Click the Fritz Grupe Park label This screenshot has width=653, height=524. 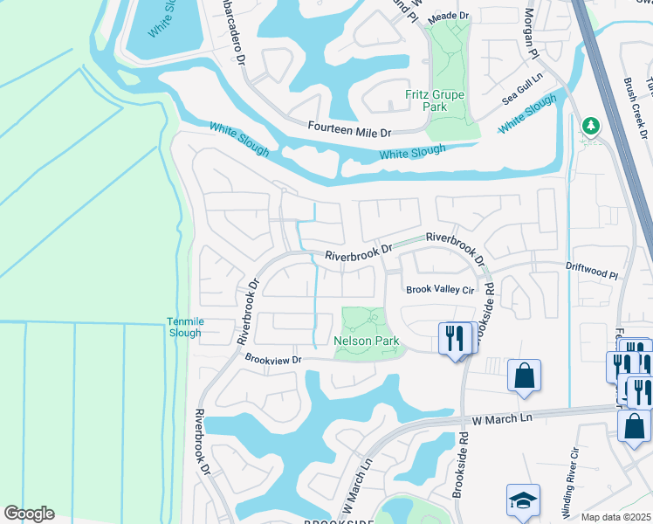[435, 100]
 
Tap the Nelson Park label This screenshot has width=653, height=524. [364, 340]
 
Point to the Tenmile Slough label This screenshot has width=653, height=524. [184, 327]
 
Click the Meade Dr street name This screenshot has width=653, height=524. [449, 16]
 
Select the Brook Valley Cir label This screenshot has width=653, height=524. [438, 290]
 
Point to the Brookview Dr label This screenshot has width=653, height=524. [272, 359]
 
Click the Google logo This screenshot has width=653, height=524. [29, 514]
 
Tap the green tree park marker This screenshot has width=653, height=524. [591, 127]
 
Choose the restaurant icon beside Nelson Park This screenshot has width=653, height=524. [453, 337]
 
